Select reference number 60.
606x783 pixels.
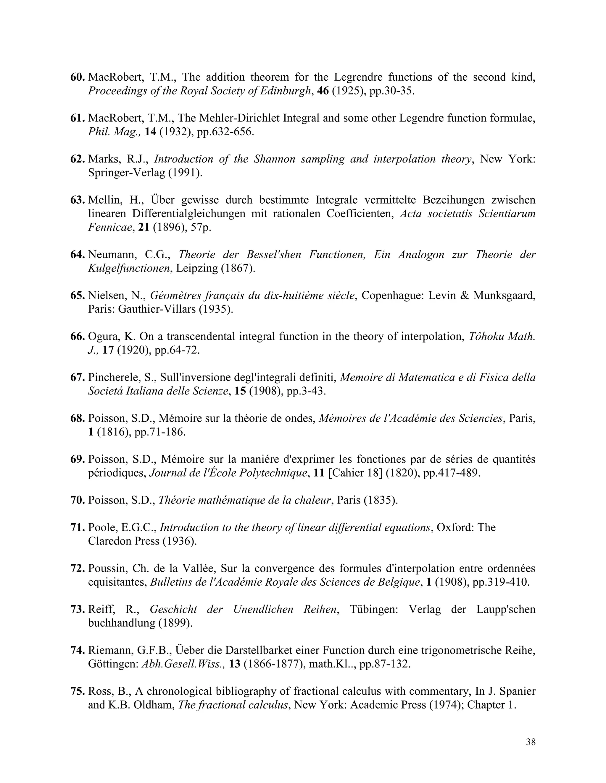coord(77,77)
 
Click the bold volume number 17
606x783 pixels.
coord(108,350)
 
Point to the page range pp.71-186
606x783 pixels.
coord(160,432)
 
